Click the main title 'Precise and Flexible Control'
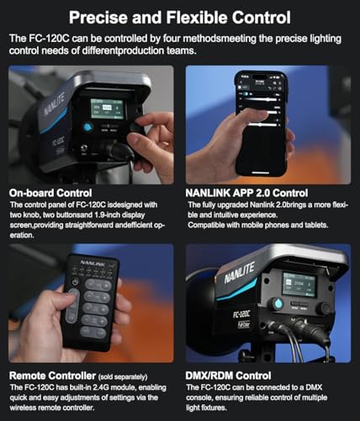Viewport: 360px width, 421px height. pos(180,18)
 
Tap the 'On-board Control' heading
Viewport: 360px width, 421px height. pos(50,193)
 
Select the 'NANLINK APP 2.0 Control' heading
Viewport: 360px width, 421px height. pos(246,193)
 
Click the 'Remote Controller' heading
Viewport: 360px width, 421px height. pos(52,376)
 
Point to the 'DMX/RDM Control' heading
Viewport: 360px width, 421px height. pos(228,376)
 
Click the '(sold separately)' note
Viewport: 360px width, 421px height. pos(123,376)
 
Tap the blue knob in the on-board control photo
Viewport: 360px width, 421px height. pos(87,127)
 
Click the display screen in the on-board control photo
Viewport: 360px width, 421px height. pos(107,109)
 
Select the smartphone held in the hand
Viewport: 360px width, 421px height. pos(261,123)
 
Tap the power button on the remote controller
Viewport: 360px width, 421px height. pos(75,282)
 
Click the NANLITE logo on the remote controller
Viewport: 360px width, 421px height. pos(93,264)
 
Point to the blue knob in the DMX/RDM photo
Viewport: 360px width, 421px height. pos(277,304)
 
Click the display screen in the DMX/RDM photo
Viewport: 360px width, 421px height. pos(299,285)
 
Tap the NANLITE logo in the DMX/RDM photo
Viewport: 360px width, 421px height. pos(239,273)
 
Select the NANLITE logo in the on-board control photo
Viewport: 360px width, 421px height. pos(54,104)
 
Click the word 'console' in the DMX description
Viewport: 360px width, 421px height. pos(199,397)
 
